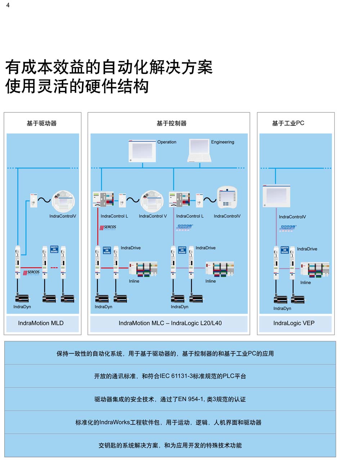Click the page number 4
[x=8, y=5]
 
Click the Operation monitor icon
[x=142, y=151]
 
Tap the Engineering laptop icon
[x=199, y=151]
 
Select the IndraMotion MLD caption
[x=41, y=323]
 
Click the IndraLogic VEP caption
[x=294, y=323]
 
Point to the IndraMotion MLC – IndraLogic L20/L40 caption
[x=170, y=323]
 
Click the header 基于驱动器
[x=42, y=123]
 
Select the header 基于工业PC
[x=288, y=123]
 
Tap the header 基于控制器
[x=171, y=123]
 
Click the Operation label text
[x=167, y=142]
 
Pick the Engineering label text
[x=222, y=142]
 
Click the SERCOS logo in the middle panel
[x=108, y=228]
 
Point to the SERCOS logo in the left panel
[x=32, y=273]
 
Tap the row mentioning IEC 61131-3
[x=170, y=376]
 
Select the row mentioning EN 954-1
[x=170, y=399]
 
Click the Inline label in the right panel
[x=306, y=282]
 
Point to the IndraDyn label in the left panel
[x=22, y=307]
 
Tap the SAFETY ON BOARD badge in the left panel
[x=54, y=249]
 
